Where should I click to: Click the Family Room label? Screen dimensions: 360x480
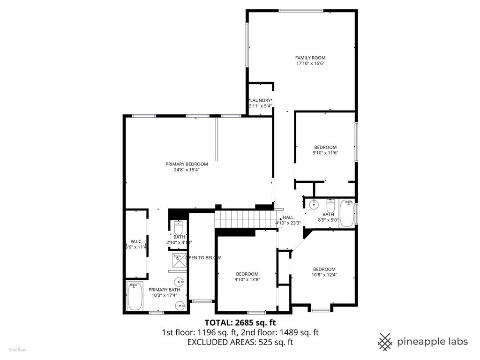310,58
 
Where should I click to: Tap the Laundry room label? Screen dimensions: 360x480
260,100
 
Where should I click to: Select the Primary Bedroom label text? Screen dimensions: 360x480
187,164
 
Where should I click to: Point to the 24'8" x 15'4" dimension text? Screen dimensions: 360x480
187,170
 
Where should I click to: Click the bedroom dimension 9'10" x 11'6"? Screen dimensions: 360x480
325,153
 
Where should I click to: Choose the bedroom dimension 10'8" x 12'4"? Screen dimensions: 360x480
325,275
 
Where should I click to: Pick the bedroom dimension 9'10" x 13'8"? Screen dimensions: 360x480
247,280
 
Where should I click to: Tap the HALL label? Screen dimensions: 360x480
288,217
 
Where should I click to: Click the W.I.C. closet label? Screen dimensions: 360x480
136,241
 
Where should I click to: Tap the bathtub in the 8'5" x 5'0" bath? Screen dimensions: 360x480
346,213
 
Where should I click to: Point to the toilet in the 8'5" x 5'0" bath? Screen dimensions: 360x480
330,206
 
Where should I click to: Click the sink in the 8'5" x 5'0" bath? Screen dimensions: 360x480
313,204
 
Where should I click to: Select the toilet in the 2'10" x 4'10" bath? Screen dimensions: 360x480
179,228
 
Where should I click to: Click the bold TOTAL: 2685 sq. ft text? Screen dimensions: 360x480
240,322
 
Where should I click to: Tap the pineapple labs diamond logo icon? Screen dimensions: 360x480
385,341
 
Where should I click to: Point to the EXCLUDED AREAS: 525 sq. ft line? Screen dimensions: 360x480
240,342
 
